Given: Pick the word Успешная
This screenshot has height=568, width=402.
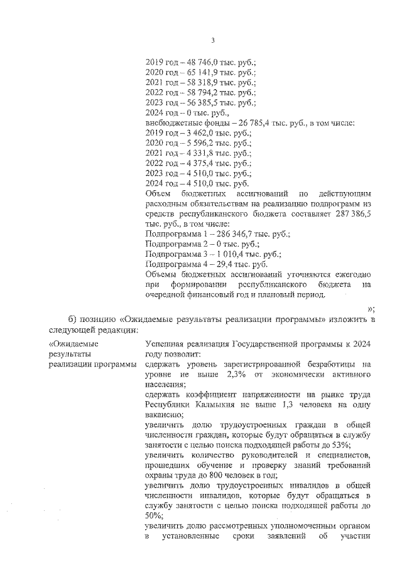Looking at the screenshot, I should (x=165, y=344).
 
